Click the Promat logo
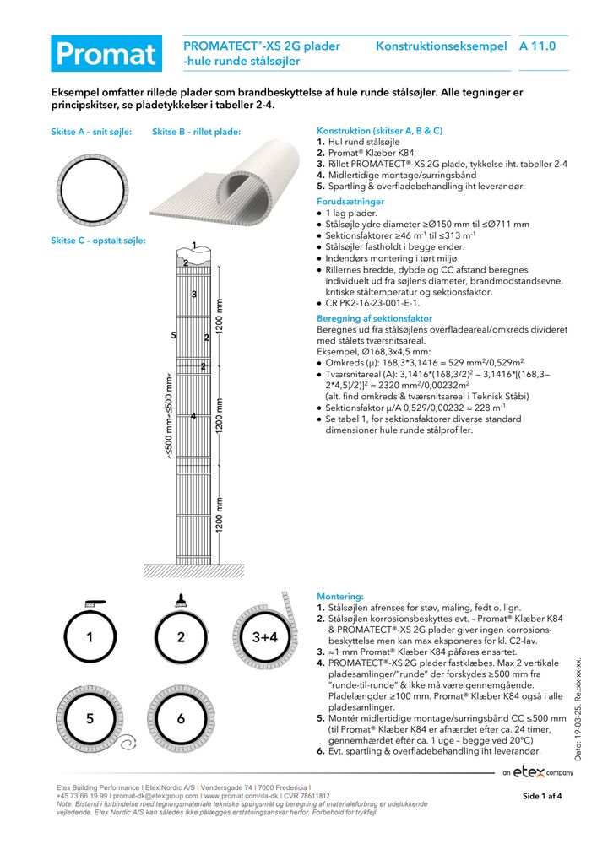pos(106,53)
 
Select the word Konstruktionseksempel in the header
pos(441,46)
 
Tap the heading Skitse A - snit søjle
pos(91,132)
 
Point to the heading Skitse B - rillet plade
pos(197,132)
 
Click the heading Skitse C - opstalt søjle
pos(98,241)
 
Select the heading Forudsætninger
pos(350,202)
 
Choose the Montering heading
pos(339,596)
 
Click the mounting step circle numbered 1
pos(90,638)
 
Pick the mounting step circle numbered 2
pos(181,638)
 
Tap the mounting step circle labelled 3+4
pos(264,637)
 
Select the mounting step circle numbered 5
pos(90,718)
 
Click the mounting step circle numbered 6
pos(181,718)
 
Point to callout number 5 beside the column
pos(173,336)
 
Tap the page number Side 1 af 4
pos(542,796)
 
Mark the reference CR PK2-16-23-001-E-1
pos(372,302)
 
